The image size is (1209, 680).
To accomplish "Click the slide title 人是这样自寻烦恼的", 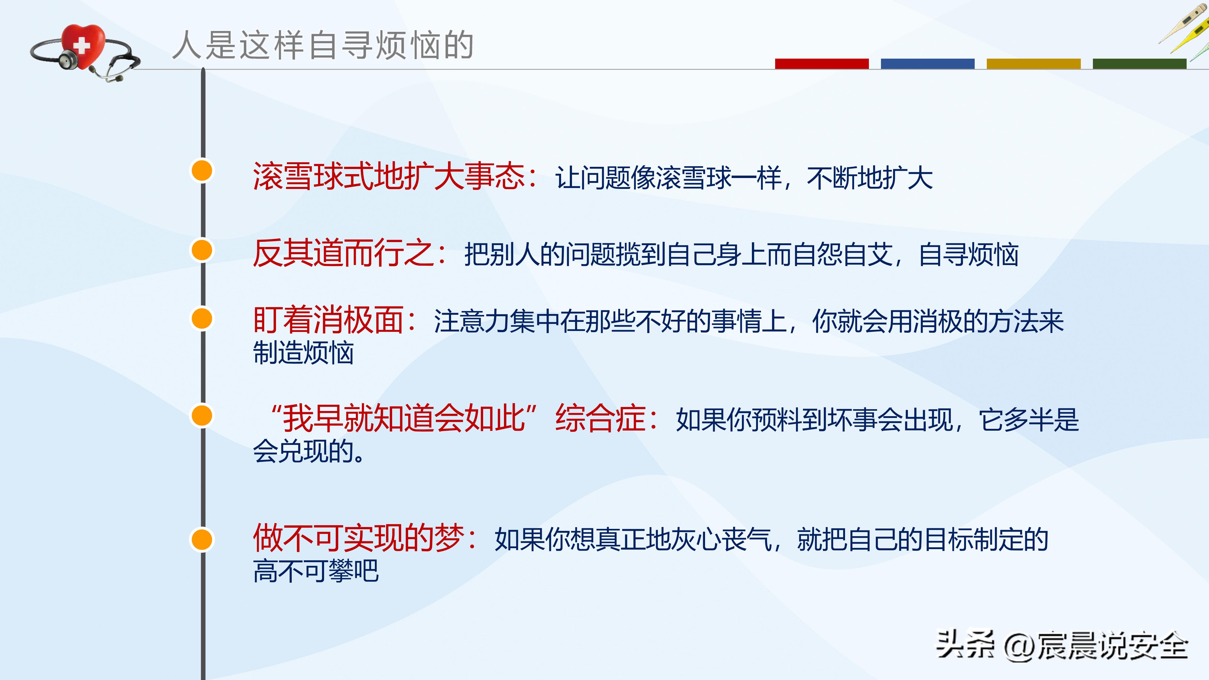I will tap(323, 46).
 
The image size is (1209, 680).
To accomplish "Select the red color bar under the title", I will tap(821, 64).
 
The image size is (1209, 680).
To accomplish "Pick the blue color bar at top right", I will tap(928, 64).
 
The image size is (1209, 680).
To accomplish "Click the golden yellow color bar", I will tap(1033, 64).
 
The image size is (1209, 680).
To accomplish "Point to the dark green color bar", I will tap(1139, 64).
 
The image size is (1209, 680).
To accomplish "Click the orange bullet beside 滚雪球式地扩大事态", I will tap(202, 170).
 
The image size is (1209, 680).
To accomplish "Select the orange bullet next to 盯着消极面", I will tap(202, 319).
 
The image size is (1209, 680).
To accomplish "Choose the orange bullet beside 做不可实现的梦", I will tap(202, 539).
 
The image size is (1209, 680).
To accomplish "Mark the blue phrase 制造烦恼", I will tap(303, 353).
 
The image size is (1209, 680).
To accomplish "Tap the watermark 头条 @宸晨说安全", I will tap(1062, 646).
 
